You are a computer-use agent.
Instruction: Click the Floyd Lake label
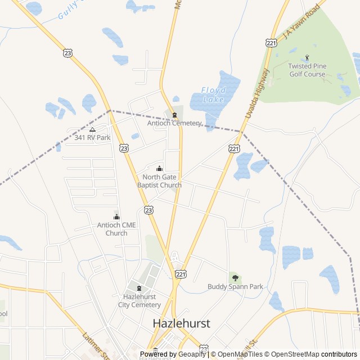click(x=213, y=94)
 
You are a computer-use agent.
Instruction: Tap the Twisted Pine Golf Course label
click(x=307, y=70)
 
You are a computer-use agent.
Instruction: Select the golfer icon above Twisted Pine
click(x=307, y=57)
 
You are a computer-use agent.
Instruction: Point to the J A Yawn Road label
click(x=301, y=21)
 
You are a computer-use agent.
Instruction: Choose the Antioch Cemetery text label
click(x=174, y=123)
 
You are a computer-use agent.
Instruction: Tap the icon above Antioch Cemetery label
click(x=174, y=115)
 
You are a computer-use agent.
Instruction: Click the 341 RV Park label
click(x=92, y=137)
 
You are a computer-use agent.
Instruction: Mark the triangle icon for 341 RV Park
click(x=92, y=129)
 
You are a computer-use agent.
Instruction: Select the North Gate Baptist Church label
click(x=159, y=181)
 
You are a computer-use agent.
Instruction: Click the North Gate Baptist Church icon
click(x=159, y=168)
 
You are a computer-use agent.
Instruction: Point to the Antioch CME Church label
click(x=116, y=229)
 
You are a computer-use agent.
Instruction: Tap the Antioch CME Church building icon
click(x=116, y=217)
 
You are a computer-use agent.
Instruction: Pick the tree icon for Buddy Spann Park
click(x=235, y=277)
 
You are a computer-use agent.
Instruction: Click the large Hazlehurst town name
click(x=182, y=323)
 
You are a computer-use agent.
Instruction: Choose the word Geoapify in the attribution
click(x=192, y=354)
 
